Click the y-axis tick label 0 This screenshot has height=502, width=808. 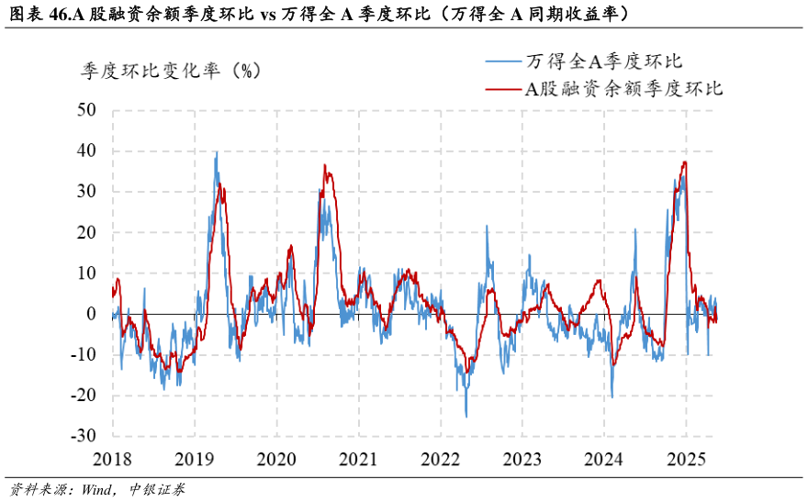pos(91,314)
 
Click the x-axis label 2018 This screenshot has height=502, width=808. pos(113,458)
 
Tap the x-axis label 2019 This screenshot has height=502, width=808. pos(195,458)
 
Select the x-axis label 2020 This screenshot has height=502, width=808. pos(276,458)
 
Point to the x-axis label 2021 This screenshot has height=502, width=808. pos(358,458)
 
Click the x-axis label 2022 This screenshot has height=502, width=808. pos(441,458)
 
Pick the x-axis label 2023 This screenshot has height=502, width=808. pos(522,458)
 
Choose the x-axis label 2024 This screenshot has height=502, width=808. pos(604,458)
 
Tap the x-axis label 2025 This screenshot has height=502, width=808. pos(686,458)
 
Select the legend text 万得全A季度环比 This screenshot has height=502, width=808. pos(604,61)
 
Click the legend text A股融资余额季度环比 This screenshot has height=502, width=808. pos(623,89)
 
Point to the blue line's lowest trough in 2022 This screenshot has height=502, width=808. pos(466,417)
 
